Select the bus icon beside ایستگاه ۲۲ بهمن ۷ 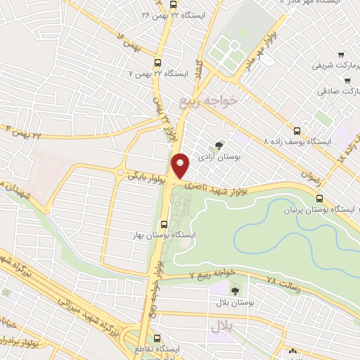point(157,61)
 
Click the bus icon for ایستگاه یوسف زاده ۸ point(297,130)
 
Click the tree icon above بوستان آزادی point(219,145)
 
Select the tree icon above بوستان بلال point(234,290)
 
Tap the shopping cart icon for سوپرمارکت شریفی point(340,55)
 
